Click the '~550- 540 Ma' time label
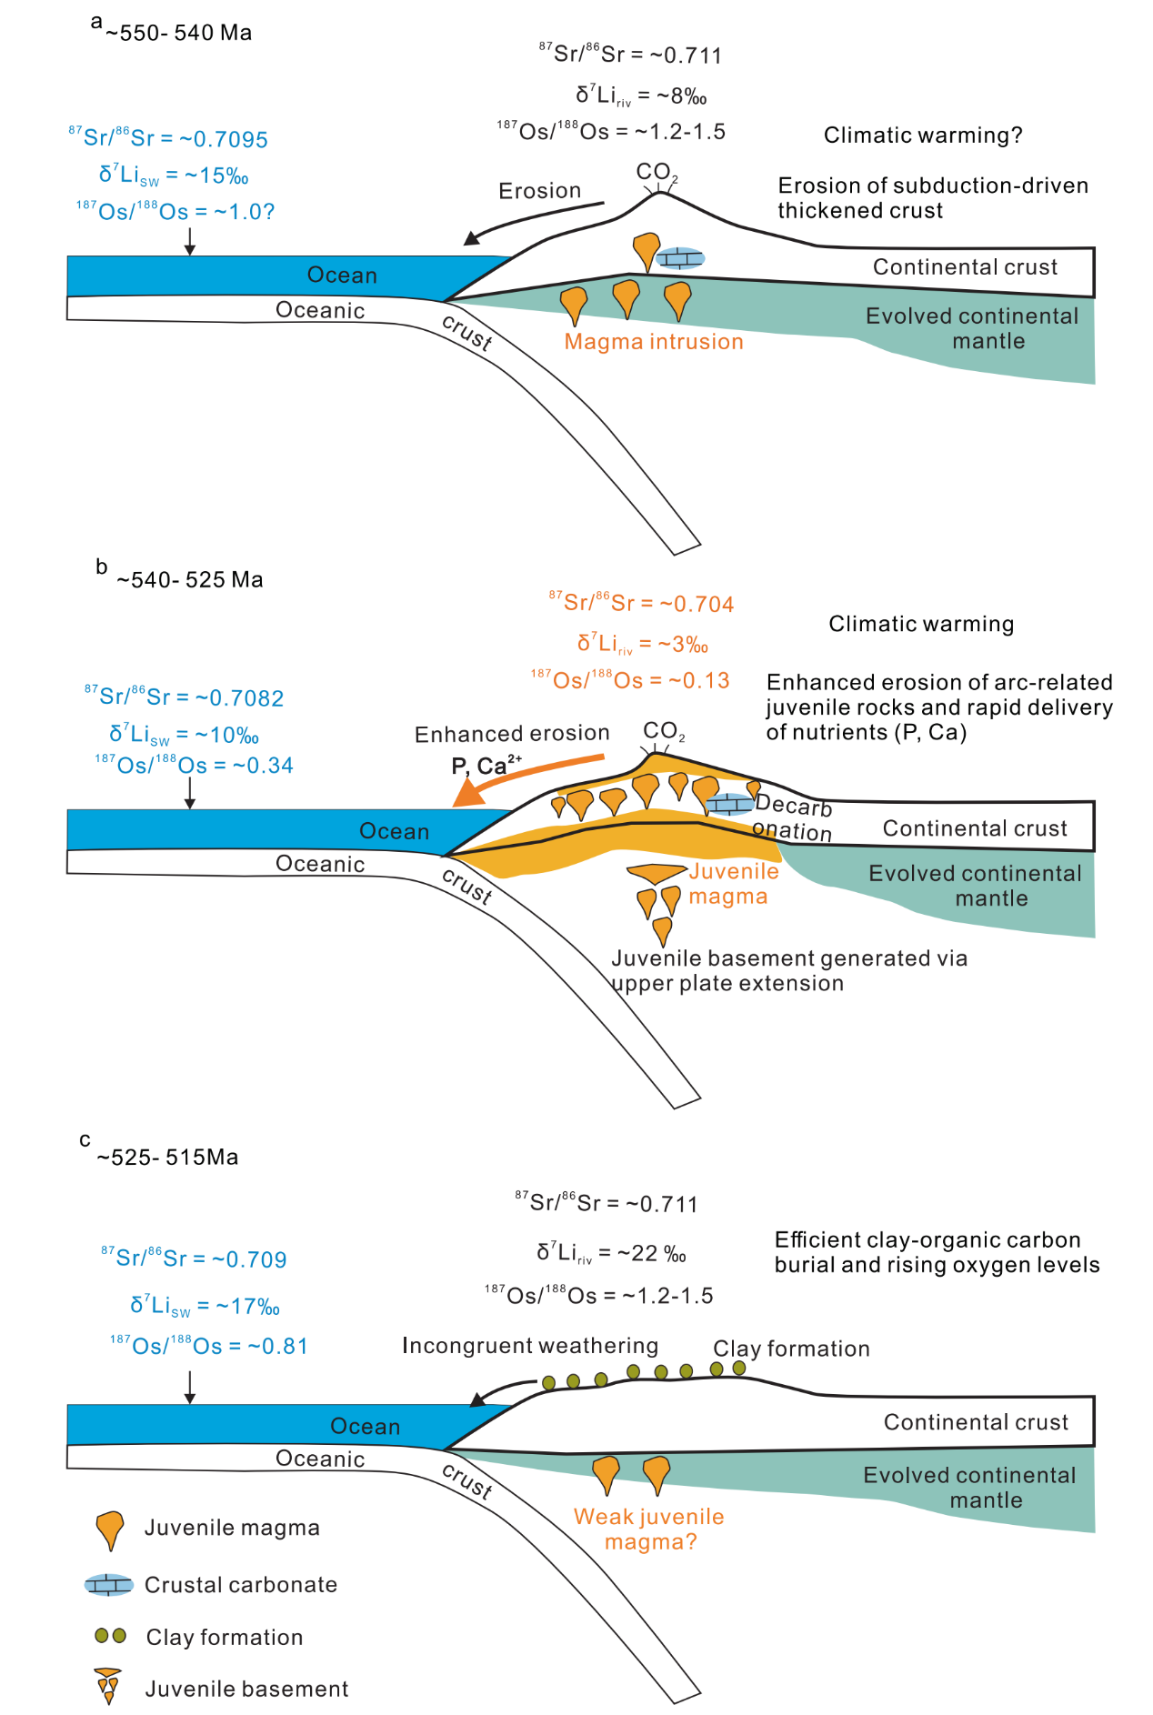(x=178, y=34)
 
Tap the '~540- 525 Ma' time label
(x=189, y=580)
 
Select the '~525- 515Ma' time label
(x=167, y=1158)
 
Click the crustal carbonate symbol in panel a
(x=680, y=258)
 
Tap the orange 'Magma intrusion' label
(x=654, y=342)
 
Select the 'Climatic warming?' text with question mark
(x=923, y=135)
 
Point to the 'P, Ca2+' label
(x=486, y=766)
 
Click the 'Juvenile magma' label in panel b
(x=733, y=884)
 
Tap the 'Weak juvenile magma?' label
(x=649, y=1529)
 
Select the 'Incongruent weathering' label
(x=530, y=1346)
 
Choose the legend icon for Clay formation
(x=110, y=1636)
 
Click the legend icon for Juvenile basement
(x=109, y=1686)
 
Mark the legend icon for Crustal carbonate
(x=109, y=1585)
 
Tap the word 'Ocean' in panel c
(x=365, y=1427)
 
